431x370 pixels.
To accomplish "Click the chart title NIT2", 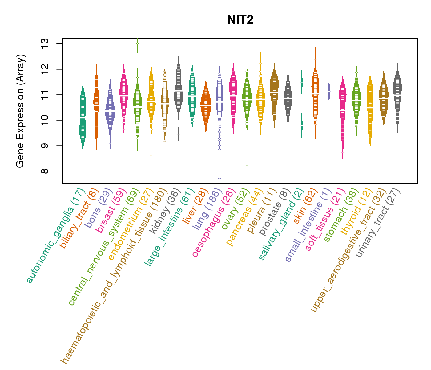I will [240, 20].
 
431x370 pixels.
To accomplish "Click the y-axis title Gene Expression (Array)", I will [20, 111].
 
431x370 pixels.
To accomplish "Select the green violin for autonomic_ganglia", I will [83, 117].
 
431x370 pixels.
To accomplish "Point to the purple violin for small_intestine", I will [329, 91].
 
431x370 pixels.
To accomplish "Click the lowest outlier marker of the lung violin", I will [220, 178].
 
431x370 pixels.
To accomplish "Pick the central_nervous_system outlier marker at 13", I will [138, 44].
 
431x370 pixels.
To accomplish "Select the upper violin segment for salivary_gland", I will [302, 82].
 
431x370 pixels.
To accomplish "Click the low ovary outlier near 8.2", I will [247, 166].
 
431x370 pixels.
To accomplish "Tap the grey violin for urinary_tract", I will [398, 99].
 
